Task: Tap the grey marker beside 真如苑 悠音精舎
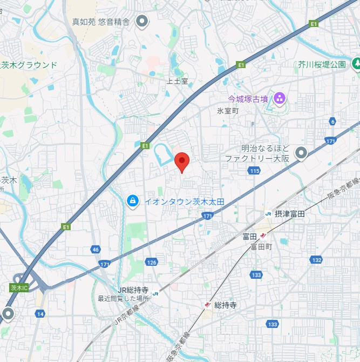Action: (x=142, y=22)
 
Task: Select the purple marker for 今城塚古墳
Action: (x=280, y=98)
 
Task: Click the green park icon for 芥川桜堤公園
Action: (x=356, y=64)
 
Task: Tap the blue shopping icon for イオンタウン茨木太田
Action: (x=132, y=201)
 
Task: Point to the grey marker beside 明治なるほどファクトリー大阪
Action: (x=301, y=153)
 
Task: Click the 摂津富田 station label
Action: (x=289, y=214)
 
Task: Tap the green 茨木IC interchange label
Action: (x=18, y=287)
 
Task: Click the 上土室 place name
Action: (x=177, y=81)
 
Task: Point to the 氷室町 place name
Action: (x=227, y=110)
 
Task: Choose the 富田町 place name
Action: (x=261, y=246)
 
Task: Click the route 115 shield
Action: (x=255, y=171)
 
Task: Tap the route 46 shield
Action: (x=96, y=250)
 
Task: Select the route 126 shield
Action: (x=152, y=263)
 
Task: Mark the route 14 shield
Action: (x=40, y=313)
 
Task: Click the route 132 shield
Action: (x=316, y=260)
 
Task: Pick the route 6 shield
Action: (x=333, y=122)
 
